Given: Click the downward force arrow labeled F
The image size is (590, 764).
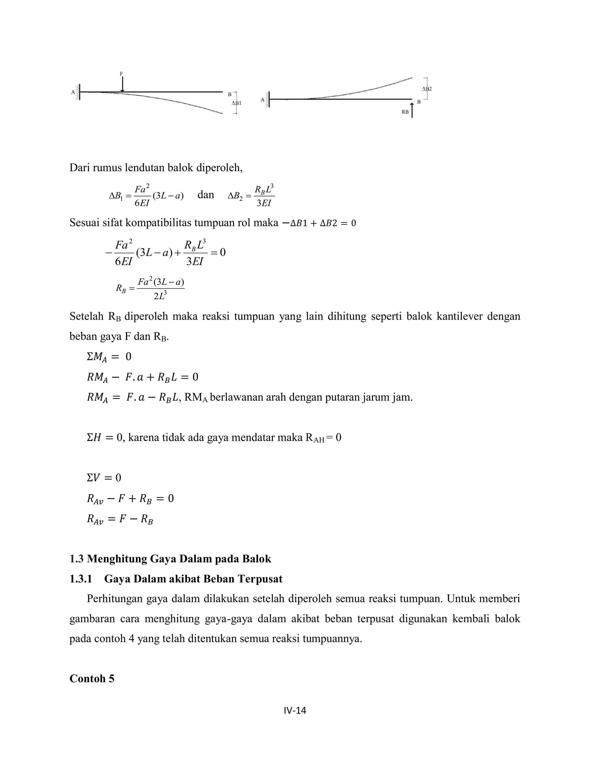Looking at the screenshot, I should point(122,84).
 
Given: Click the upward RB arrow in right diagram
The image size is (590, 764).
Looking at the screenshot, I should point(412,110).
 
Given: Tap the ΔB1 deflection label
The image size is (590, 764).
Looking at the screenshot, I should point(236,103).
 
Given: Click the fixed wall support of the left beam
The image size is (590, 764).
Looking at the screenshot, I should point(78,92).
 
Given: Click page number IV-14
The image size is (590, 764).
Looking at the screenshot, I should point(295,710).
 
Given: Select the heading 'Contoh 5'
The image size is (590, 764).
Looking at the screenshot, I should point(92,678).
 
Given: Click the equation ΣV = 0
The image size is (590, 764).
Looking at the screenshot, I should point(104,477).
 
